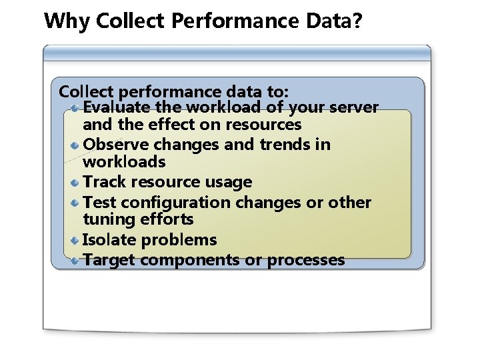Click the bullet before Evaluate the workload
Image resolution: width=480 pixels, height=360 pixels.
[76, 107]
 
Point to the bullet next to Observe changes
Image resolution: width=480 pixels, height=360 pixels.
[76, 145]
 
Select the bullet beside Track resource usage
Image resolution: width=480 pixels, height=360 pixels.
[76, 182]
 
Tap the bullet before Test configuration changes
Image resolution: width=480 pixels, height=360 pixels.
[76, 202]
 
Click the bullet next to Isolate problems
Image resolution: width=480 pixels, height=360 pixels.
[76, 240]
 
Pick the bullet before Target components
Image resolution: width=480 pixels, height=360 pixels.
[76, 260]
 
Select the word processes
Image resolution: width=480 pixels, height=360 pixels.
[306, 260]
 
